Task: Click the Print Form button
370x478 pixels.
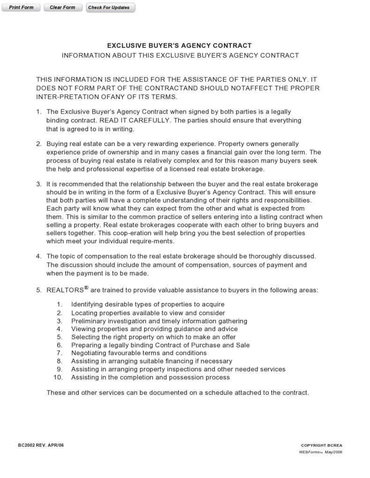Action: point(21,7)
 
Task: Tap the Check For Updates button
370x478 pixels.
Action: point(110,7)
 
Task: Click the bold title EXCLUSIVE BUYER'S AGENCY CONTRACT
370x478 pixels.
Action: point(179,46)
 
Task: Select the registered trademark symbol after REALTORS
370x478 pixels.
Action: point(86,288)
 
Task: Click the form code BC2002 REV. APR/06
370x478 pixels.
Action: point(41,445)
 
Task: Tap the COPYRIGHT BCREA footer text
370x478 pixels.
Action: point(321,445)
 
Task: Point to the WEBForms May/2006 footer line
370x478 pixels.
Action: point(321,452)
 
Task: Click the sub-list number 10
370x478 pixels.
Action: point(58,377)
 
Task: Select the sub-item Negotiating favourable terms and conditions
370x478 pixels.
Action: point(139,353)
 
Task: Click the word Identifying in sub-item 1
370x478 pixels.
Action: point(88,304)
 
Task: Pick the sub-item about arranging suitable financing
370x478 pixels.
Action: point(151,361)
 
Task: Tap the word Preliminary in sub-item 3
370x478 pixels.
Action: point(89,321)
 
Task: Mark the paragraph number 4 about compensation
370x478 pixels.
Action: point(38,256)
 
